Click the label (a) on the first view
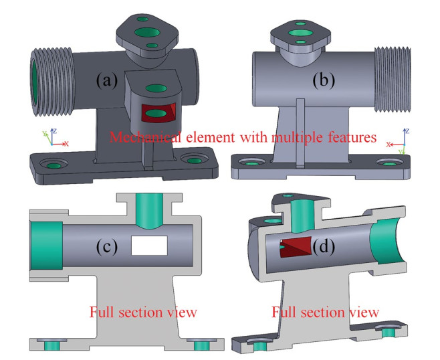point(107,81)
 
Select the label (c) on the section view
point(107,246)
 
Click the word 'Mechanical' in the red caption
point(142,138)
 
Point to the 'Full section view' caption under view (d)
point(326,312)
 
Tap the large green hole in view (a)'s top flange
point(144,31)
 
